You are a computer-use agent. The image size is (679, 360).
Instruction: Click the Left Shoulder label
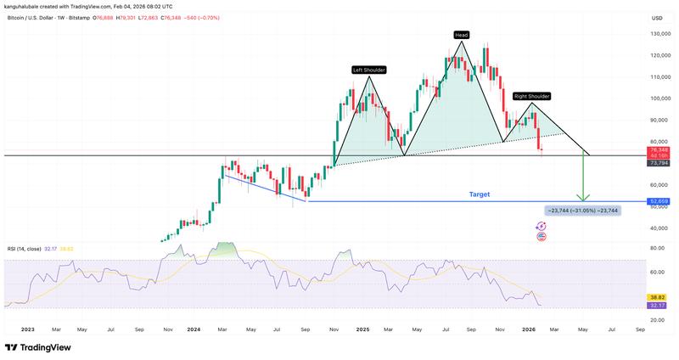(369, 70)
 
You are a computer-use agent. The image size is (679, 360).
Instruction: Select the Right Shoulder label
(532, 96)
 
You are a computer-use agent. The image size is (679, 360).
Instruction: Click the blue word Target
(480, 194)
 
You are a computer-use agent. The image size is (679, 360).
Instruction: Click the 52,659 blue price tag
(659, 201)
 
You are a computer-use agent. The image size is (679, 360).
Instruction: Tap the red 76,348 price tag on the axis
(659, 149)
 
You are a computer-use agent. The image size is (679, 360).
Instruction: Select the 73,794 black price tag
(659, 162)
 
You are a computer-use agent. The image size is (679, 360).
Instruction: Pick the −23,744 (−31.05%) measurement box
(582, 210)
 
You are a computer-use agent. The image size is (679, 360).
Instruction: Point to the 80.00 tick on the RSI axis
(656, 248)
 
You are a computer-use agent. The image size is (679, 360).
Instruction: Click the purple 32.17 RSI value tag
(659, 305)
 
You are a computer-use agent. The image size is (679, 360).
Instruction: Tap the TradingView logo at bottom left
(38, 347)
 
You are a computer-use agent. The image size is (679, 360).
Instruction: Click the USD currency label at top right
(656, 18)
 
